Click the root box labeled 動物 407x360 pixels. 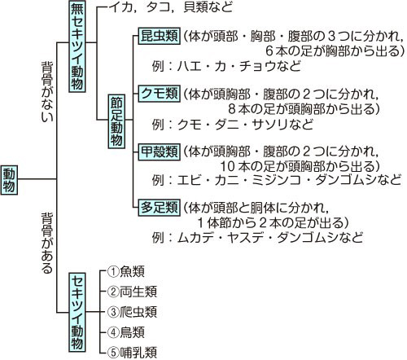(9, 180)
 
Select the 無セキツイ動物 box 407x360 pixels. (77, 46)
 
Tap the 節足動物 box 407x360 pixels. (116, 121)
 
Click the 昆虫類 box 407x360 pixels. (160, 36)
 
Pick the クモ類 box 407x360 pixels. (160, 94)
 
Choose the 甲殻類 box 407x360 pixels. (160, 151)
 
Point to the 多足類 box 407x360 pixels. (160, 208)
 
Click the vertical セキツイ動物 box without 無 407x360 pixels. (77, 312)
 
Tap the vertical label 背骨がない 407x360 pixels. (47, 91)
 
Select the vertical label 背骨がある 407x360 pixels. (47, 243)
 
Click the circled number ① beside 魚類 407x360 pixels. (113, 271)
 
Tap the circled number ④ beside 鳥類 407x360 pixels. (113, 332)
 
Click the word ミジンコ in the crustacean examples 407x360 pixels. (276, 180)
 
